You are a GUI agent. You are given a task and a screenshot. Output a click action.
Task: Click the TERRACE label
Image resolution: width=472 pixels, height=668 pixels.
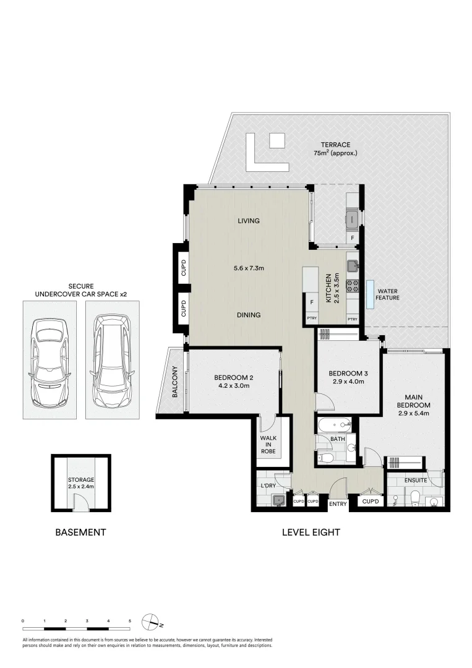pyautogui.click(x=336, y=145)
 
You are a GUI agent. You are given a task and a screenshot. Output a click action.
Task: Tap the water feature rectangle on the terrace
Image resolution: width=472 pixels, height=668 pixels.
pyautogui.click(x=370, y=294)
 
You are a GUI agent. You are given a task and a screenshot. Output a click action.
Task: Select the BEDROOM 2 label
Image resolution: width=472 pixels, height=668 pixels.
pyautogui.click(x=233, y=377)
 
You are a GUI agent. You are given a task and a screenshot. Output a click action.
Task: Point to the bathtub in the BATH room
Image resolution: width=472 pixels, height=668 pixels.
pyautogui.click(x=334, y=425)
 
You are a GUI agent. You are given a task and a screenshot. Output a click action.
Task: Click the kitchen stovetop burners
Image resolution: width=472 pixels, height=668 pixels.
pyautogui.click(x=353, y=285)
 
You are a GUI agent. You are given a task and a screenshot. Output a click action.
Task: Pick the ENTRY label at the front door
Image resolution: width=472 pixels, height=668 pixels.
pyautogui.click(x=338, y=504)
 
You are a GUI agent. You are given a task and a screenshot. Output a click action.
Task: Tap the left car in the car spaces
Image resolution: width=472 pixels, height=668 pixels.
pyautogui.click(x=50, y=360)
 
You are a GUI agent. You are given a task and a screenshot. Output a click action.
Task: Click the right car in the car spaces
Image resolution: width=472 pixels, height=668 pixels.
pyautogui.click(x=113, y=361)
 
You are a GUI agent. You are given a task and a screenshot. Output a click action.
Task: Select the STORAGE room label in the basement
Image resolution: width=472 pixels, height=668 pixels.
pyautogui.click(x=81, y=480)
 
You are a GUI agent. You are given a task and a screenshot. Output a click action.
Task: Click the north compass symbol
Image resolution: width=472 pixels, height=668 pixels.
pyautogui.click(x=150, y=621)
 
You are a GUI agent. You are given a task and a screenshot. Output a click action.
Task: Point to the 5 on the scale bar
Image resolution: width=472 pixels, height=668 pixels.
pyautogui.click(x=130, y=621)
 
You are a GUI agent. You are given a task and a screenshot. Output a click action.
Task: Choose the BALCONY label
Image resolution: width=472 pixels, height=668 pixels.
pyautogui.click(x=174, y=382)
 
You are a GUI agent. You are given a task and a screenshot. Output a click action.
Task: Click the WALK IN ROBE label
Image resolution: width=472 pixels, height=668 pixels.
pyautogui.click(x=268, y=444)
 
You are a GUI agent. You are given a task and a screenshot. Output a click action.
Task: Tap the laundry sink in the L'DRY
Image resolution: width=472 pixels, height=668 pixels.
pyautogui.click(x=279, y=500)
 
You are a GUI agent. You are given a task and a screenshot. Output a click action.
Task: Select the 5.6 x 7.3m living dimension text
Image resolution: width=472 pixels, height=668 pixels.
pyautogui.click(x=249, y=268)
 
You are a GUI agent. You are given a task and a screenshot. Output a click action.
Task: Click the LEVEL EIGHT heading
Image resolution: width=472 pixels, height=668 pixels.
pyautogui.click(x=311, y=532)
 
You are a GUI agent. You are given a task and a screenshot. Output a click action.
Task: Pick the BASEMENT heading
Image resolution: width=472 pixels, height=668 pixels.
pyautogui.click(x=80, y=532)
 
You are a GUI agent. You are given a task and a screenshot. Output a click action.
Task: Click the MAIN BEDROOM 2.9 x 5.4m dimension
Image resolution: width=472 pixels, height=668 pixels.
pyautogui.click(x=413, y=413)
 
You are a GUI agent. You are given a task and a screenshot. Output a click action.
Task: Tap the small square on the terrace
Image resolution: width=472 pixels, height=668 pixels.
pyautogui.click(x=277, y=140)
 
